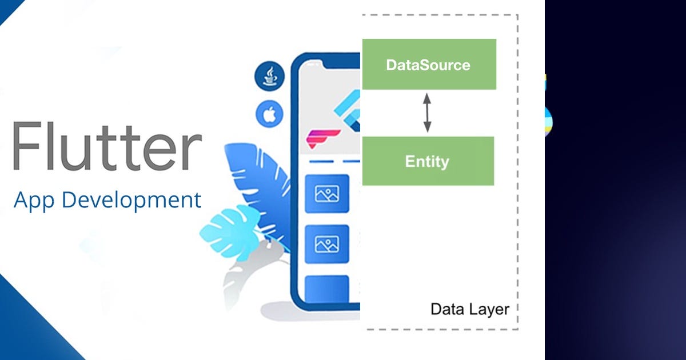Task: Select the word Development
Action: [x=131, y=201]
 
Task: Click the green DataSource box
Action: [x=429, y=65]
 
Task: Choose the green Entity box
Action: [x=428, y=161]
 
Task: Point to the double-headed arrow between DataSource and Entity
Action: [x=427, y=113]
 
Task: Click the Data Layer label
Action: [x=469, y=309]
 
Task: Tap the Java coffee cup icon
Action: [x=269, y=76]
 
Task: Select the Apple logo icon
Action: [x=269, y=115]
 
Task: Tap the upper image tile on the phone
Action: [x=327, y=194]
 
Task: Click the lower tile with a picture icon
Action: [x=327, y=244]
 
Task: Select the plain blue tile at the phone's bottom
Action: [x=327, y=289]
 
